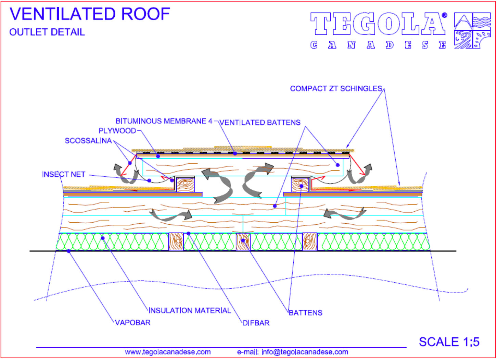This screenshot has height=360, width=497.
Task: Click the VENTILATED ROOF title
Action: [90, 14]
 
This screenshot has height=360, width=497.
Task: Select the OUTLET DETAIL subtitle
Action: [47, 32]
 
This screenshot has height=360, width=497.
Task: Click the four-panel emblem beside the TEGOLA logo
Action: [472, 30]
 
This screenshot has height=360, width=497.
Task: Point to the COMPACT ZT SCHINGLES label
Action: [336, 89]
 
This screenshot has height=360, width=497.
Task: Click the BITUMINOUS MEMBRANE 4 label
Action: [164, 121]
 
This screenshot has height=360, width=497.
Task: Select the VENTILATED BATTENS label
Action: [260, 122]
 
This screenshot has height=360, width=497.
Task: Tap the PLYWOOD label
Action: [117, 131]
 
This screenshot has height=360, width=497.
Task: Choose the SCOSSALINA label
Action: [88, 140]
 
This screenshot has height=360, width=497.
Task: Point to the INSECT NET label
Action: [64, 174]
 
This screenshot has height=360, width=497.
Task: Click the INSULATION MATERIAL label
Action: [190, 310]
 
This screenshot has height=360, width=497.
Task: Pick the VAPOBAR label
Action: [133, 322]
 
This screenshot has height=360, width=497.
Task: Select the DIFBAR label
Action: [256, 323]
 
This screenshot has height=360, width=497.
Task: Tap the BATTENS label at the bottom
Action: [306, 313]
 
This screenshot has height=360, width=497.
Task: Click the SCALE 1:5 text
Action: [449, 342]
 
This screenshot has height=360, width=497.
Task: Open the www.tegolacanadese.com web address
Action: [168, 352]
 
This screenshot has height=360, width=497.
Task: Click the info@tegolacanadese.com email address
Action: [305, 352]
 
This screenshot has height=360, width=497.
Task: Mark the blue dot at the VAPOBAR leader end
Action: [68, 251]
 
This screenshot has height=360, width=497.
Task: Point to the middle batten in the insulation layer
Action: [243, 242]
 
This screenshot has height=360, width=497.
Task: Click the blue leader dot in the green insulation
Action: [103, 238]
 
